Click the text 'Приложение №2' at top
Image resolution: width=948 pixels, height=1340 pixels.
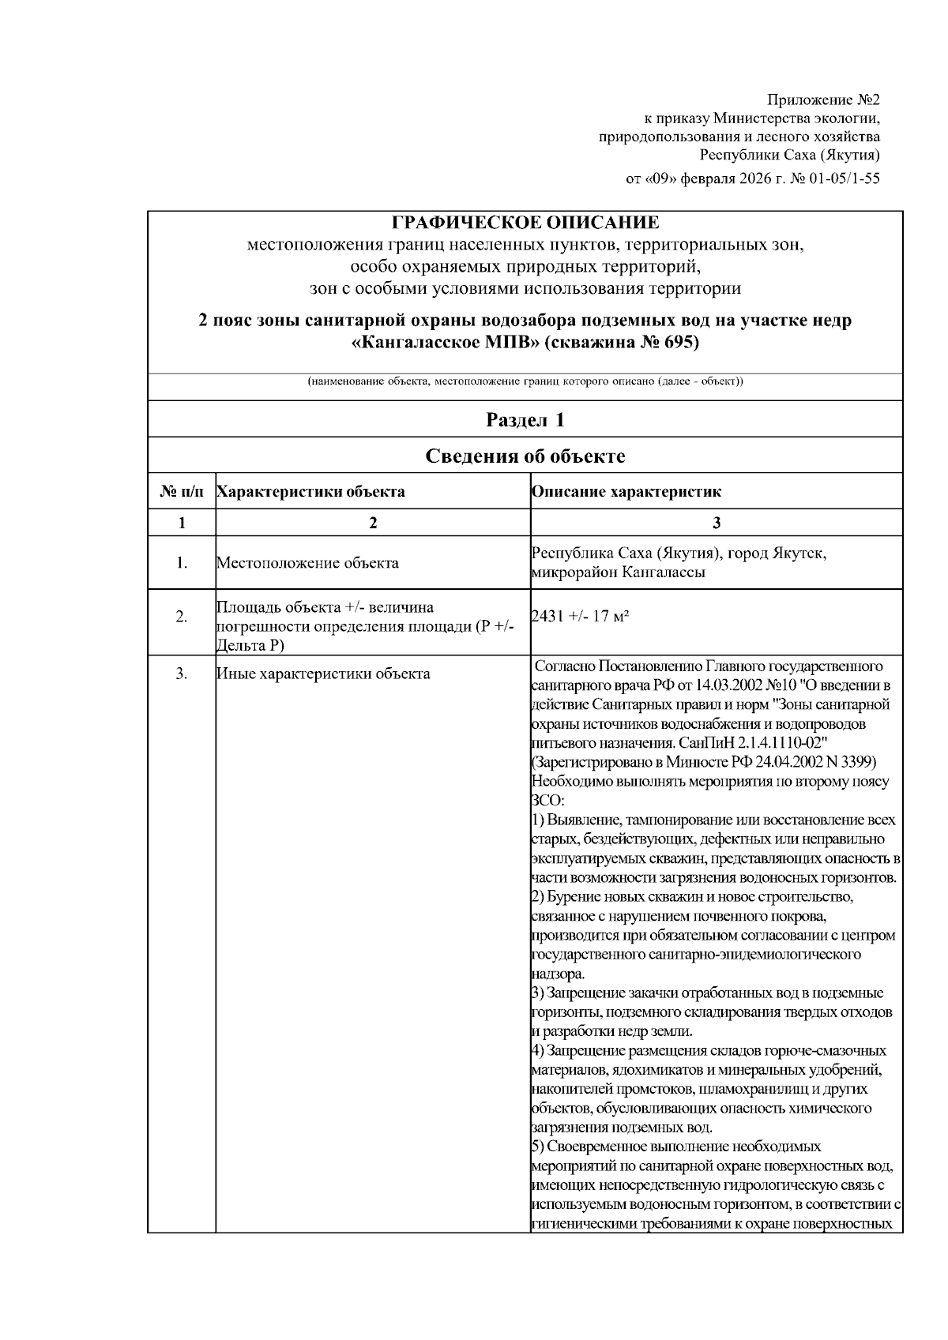tap(823, 100)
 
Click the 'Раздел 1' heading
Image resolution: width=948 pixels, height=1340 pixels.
tap(525, 419)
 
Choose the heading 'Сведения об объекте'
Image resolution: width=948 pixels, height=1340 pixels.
tap(525, 456)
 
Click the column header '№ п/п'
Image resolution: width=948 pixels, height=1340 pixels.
tap(182, 492)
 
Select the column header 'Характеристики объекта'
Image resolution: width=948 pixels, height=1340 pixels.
tap(310, 492)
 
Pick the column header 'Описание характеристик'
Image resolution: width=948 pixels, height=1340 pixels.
tap(626, 492)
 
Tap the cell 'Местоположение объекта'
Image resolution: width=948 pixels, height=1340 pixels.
tap(307, 563)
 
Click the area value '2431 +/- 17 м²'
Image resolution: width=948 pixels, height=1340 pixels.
tap(581, 617)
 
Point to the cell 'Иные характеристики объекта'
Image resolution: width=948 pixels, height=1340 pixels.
tap(323, 674)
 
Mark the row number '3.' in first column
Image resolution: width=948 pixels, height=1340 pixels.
tap(182, 674)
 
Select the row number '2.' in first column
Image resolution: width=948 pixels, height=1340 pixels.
tap(182, 617)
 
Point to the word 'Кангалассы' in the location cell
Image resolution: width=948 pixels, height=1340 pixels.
tap(664, 572)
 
